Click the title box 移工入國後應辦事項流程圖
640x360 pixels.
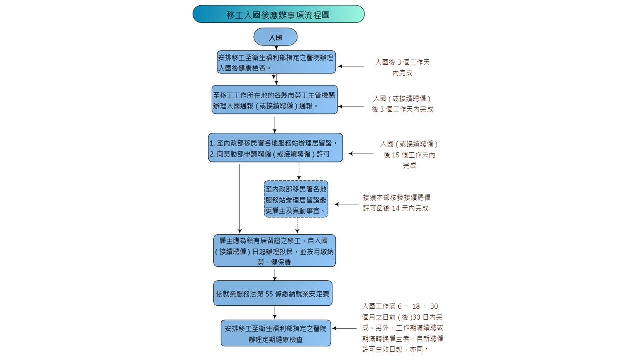pos(278,14)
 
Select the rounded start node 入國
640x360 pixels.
pos(275,37)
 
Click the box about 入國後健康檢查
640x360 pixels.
pos(276,62)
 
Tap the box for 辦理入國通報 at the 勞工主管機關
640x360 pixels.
pos(274,100)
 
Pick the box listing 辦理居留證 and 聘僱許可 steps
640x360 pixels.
pos(276,148)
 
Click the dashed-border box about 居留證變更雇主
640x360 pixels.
pos(296,199)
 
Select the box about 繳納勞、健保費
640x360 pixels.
pos(274,251)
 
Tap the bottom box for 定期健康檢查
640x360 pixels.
pos(276,333)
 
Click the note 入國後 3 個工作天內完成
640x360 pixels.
pos(403,67)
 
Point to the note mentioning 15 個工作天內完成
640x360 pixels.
pos(409,154)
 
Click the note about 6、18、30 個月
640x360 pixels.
pos(402,328)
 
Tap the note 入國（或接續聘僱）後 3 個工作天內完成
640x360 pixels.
pos(402,104)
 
